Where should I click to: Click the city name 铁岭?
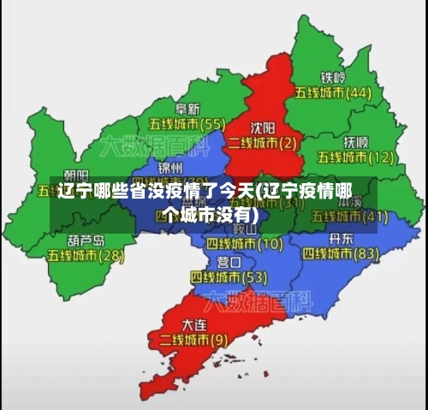(x=333, y=76)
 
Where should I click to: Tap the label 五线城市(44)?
(x=333, y=92)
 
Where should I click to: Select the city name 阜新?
(x=187, y=109)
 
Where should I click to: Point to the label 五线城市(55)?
(x=187, y=124)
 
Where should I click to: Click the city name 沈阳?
(x=263, y=126)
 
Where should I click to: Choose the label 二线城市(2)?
(x=263, y=141)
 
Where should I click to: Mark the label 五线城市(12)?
(x=355, y=157)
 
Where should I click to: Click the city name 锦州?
(x=170, y=166)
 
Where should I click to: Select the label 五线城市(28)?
(x=86, y=255)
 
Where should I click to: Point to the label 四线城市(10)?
(x=245, y=243)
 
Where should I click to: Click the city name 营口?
(x=229, y=262)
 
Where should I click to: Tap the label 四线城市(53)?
(x=229, y=277)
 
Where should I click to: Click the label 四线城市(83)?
(x=341, y=253)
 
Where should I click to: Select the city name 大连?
(x=194, y=325)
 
